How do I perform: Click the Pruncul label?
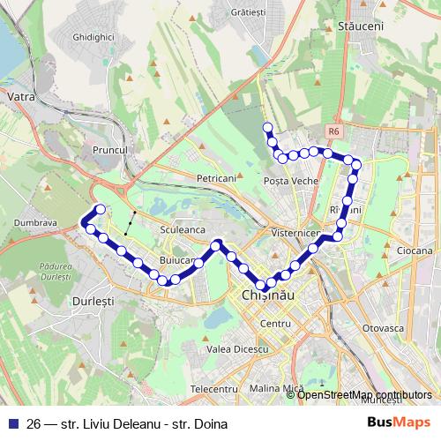pos(110,151)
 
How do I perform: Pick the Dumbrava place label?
pos(35,224)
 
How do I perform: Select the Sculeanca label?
pos(183,229)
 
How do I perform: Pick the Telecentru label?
pos(214,388)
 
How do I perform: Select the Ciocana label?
pos(415,250)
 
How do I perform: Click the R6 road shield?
pos(333,131)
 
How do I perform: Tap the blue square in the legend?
pos(15,423)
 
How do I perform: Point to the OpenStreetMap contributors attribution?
pos(363,395)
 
